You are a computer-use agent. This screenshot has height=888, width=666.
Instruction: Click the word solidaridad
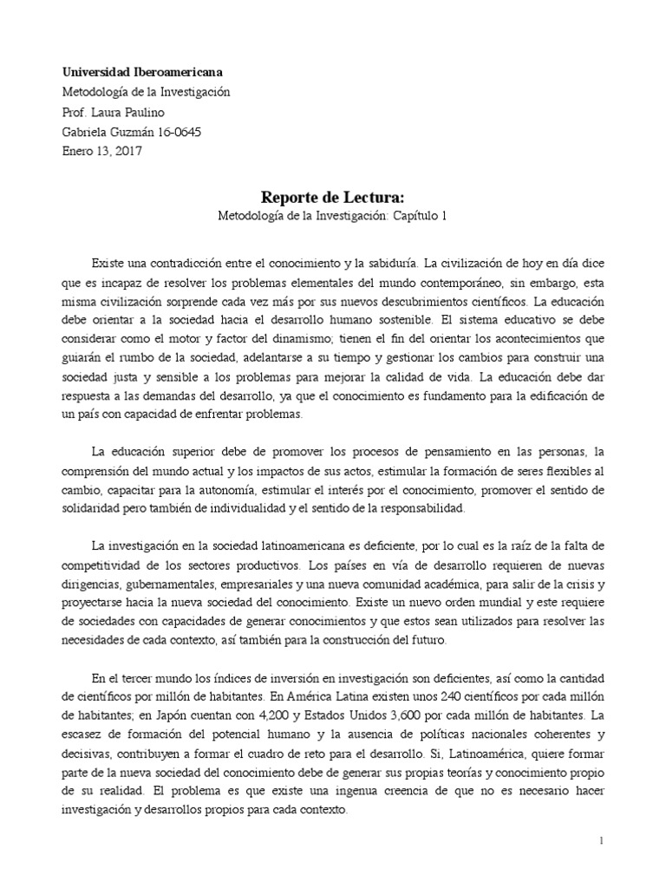(93, 508)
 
